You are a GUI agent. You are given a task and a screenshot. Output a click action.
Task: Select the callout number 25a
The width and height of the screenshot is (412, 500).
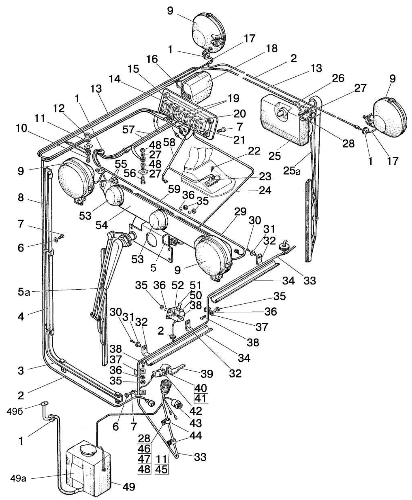[x=292, y=170]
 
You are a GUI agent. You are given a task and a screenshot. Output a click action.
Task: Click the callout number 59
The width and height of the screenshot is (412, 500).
[x=174, y=189]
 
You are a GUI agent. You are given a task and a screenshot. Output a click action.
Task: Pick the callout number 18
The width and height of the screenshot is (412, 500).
[x=272, y=48]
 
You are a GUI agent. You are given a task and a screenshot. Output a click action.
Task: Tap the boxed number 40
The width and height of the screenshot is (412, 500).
[x=200, y=388]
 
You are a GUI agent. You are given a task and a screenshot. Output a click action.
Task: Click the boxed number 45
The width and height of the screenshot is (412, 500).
[x=161, y=470]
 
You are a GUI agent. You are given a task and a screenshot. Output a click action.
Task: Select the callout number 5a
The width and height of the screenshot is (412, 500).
[x=24, y=292]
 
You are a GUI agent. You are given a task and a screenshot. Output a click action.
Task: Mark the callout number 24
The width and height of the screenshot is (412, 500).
[x=265, y=190]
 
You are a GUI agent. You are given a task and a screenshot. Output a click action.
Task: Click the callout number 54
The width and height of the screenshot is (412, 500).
[x=101, y=225]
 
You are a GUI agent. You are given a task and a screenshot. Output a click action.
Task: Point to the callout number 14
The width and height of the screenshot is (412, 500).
[x=115, y=79]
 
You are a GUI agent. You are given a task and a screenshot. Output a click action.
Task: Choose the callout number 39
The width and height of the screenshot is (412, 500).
[x=207, y=373]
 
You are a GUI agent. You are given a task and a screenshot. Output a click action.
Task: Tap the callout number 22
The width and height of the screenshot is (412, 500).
[x=254, y=151]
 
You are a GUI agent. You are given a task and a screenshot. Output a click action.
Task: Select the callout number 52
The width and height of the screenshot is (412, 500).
[x=178, y=285]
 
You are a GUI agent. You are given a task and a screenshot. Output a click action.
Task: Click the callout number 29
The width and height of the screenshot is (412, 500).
[x=240, y=211]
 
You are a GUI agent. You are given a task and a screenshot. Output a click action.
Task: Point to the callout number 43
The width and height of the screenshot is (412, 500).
[x=195, y=423]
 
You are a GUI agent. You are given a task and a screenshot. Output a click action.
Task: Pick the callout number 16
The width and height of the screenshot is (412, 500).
[x=152, y=59]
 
